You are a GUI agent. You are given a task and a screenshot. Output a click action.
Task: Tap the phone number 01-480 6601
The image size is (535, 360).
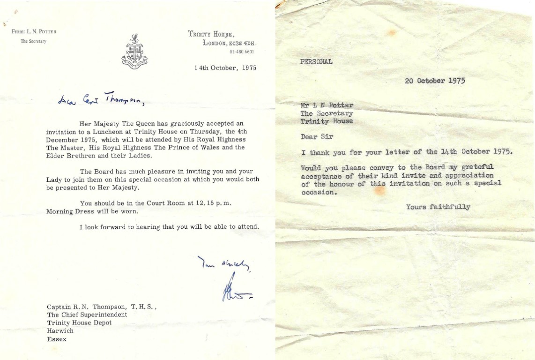point(242,52)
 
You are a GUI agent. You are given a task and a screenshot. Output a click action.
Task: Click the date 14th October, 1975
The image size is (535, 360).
point(225,67)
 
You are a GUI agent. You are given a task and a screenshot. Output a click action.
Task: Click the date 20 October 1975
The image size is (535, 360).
point(435,81)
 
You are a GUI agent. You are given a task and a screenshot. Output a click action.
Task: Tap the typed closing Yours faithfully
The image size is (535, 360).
point(438,207)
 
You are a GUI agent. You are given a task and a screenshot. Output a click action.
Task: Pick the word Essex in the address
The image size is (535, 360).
point(57,339)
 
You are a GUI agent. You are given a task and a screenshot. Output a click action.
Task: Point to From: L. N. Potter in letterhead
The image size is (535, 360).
point(34,31)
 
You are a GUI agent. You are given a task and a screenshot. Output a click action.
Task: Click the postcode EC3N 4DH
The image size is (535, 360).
point(242,43)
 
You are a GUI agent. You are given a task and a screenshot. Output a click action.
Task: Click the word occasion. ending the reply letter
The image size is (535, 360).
point(319,191)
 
